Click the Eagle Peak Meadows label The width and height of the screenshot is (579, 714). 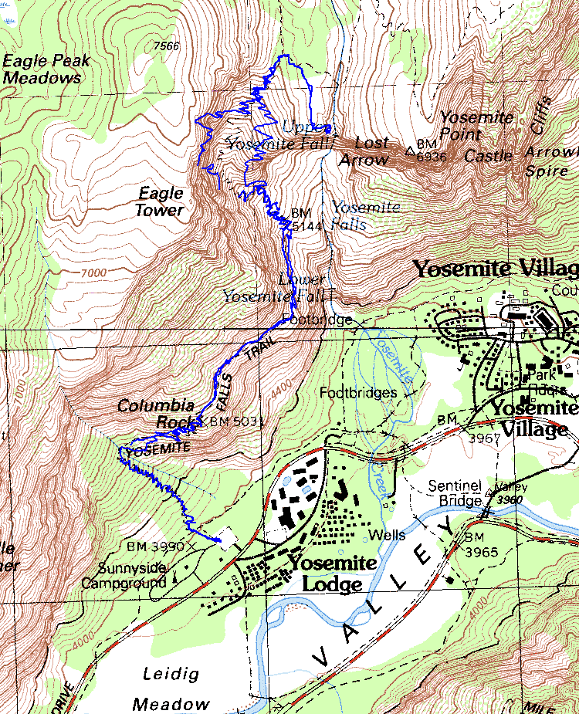coord(46,69)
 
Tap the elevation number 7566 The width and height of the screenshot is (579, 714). coord(166,46)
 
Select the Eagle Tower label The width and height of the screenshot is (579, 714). coord(161,201)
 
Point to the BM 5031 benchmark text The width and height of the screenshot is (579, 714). coord(237,422)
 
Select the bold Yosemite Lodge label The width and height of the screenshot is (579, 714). coord(331,573)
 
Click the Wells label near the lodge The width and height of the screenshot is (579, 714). coord(387,534)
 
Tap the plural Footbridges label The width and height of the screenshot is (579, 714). coord(358,393)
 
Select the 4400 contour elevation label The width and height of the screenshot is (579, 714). coord(283,381)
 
